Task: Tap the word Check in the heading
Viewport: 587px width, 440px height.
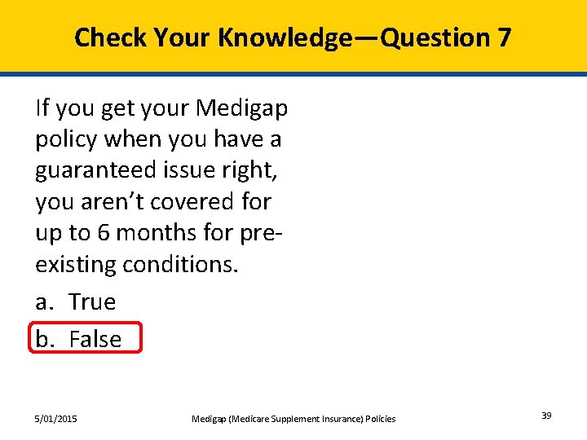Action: coord(110,37)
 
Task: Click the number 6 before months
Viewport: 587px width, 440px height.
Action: coord(104,232)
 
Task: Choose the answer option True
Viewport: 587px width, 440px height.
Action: coord(92,302)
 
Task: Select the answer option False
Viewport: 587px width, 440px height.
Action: coord(95,339)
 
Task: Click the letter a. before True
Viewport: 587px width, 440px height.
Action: coord(44,302)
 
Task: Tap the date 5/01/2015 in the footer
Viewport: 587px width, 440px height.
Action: coord(56,419)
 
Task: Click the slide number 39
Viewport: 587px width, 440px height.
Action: coord(546,416)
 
